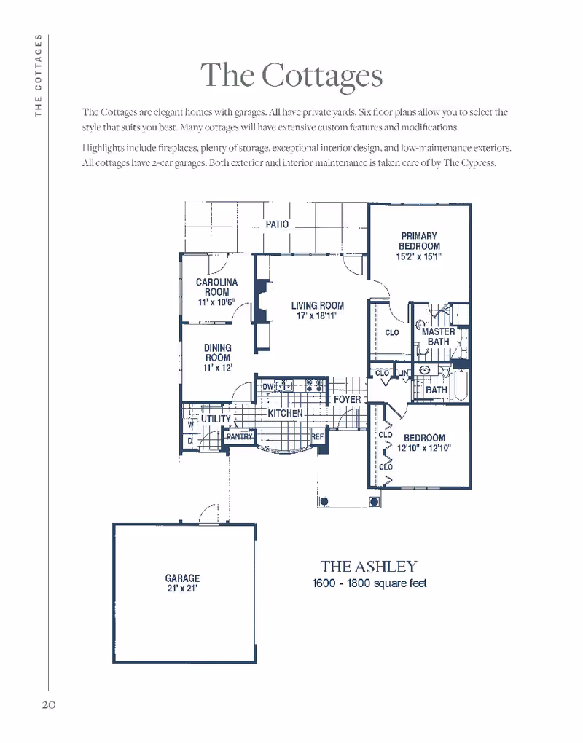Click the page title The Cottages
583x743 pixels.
(x=291, y=75)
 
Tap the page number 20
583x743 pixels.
(x=48, y=704)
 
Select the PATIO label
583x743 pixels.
(x=277, y=224)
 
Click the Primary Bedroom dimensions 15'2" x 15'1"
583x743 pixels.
(x=419, y=257)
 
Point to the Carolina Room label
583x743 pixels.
(x=216, y=287)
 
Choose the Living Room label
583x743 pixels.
(x=317, y=306)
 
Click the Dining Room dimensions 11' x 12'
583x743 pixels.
(x=217, y=369)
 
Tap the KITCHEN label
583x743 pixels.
(x=285, y=413)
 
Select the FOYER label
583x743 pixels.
(x=347, y=400)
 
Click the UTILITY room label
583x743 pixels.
(x=216, y=420)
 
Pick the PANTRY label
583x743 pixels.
(x=238, y=436)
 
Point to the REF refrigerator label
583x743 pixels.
(x=318, y=436)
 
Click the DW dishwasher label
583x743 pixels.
(x=267, y=386)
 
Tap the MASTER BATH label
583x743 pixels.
(x=439, y=337)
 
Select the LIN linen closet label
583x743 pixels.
(x=404, y=373)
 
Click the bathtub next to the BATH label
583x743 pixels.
(x=460, y=385)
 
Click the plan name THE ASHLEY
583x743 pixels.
(x=369, y=566)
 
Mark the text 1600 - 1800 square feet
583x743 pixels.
(x=369, y=583)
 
